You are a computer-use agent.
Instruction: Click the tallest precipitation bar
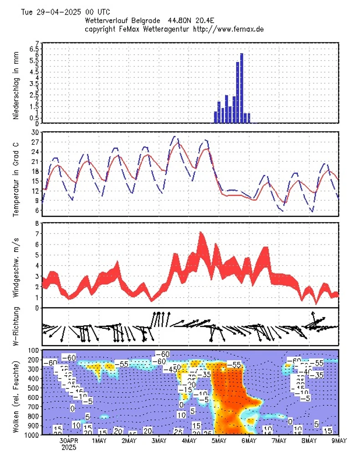tap(242, 88)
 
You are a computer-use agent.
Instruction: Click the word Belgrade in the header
tap(147, 21)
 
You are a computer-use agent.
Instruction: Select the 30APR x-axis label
tap(69, 441)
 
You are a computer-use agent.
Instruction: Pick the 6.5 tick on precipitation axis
tap(34, 49)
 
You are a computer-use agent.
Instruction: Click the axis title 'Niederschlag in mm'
tap(16, 86)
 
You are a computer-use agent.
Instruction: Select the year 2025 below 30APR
tap(69, 448)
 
